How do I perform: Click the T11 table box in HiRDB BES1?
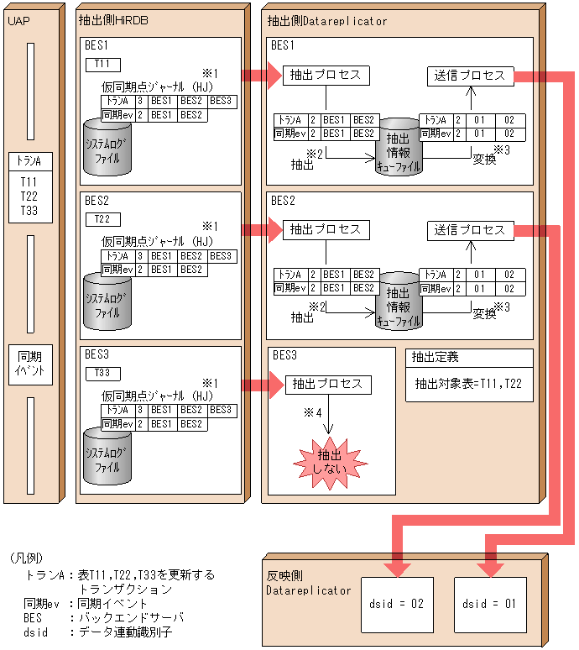click(102, 64)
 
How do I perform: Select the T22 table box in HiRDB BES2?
click(102, 219)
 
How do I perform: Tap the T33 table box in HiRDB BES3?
click(102, 373)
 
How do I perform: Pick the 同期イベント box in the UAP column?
click(29, 364)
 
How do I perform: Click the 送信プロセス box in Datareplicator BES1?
click(470, 76)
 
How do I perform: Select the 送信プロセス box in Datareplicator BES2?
click(470, 229)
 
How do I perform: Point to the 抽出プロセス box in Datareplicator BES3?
click(327, 384)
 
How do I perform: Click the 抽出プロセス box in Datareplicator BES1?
click(325, 76)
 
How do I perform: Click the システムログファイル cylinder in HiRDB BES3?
click(108, 455)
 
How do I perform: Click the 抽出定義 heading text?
click(435, 357)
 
